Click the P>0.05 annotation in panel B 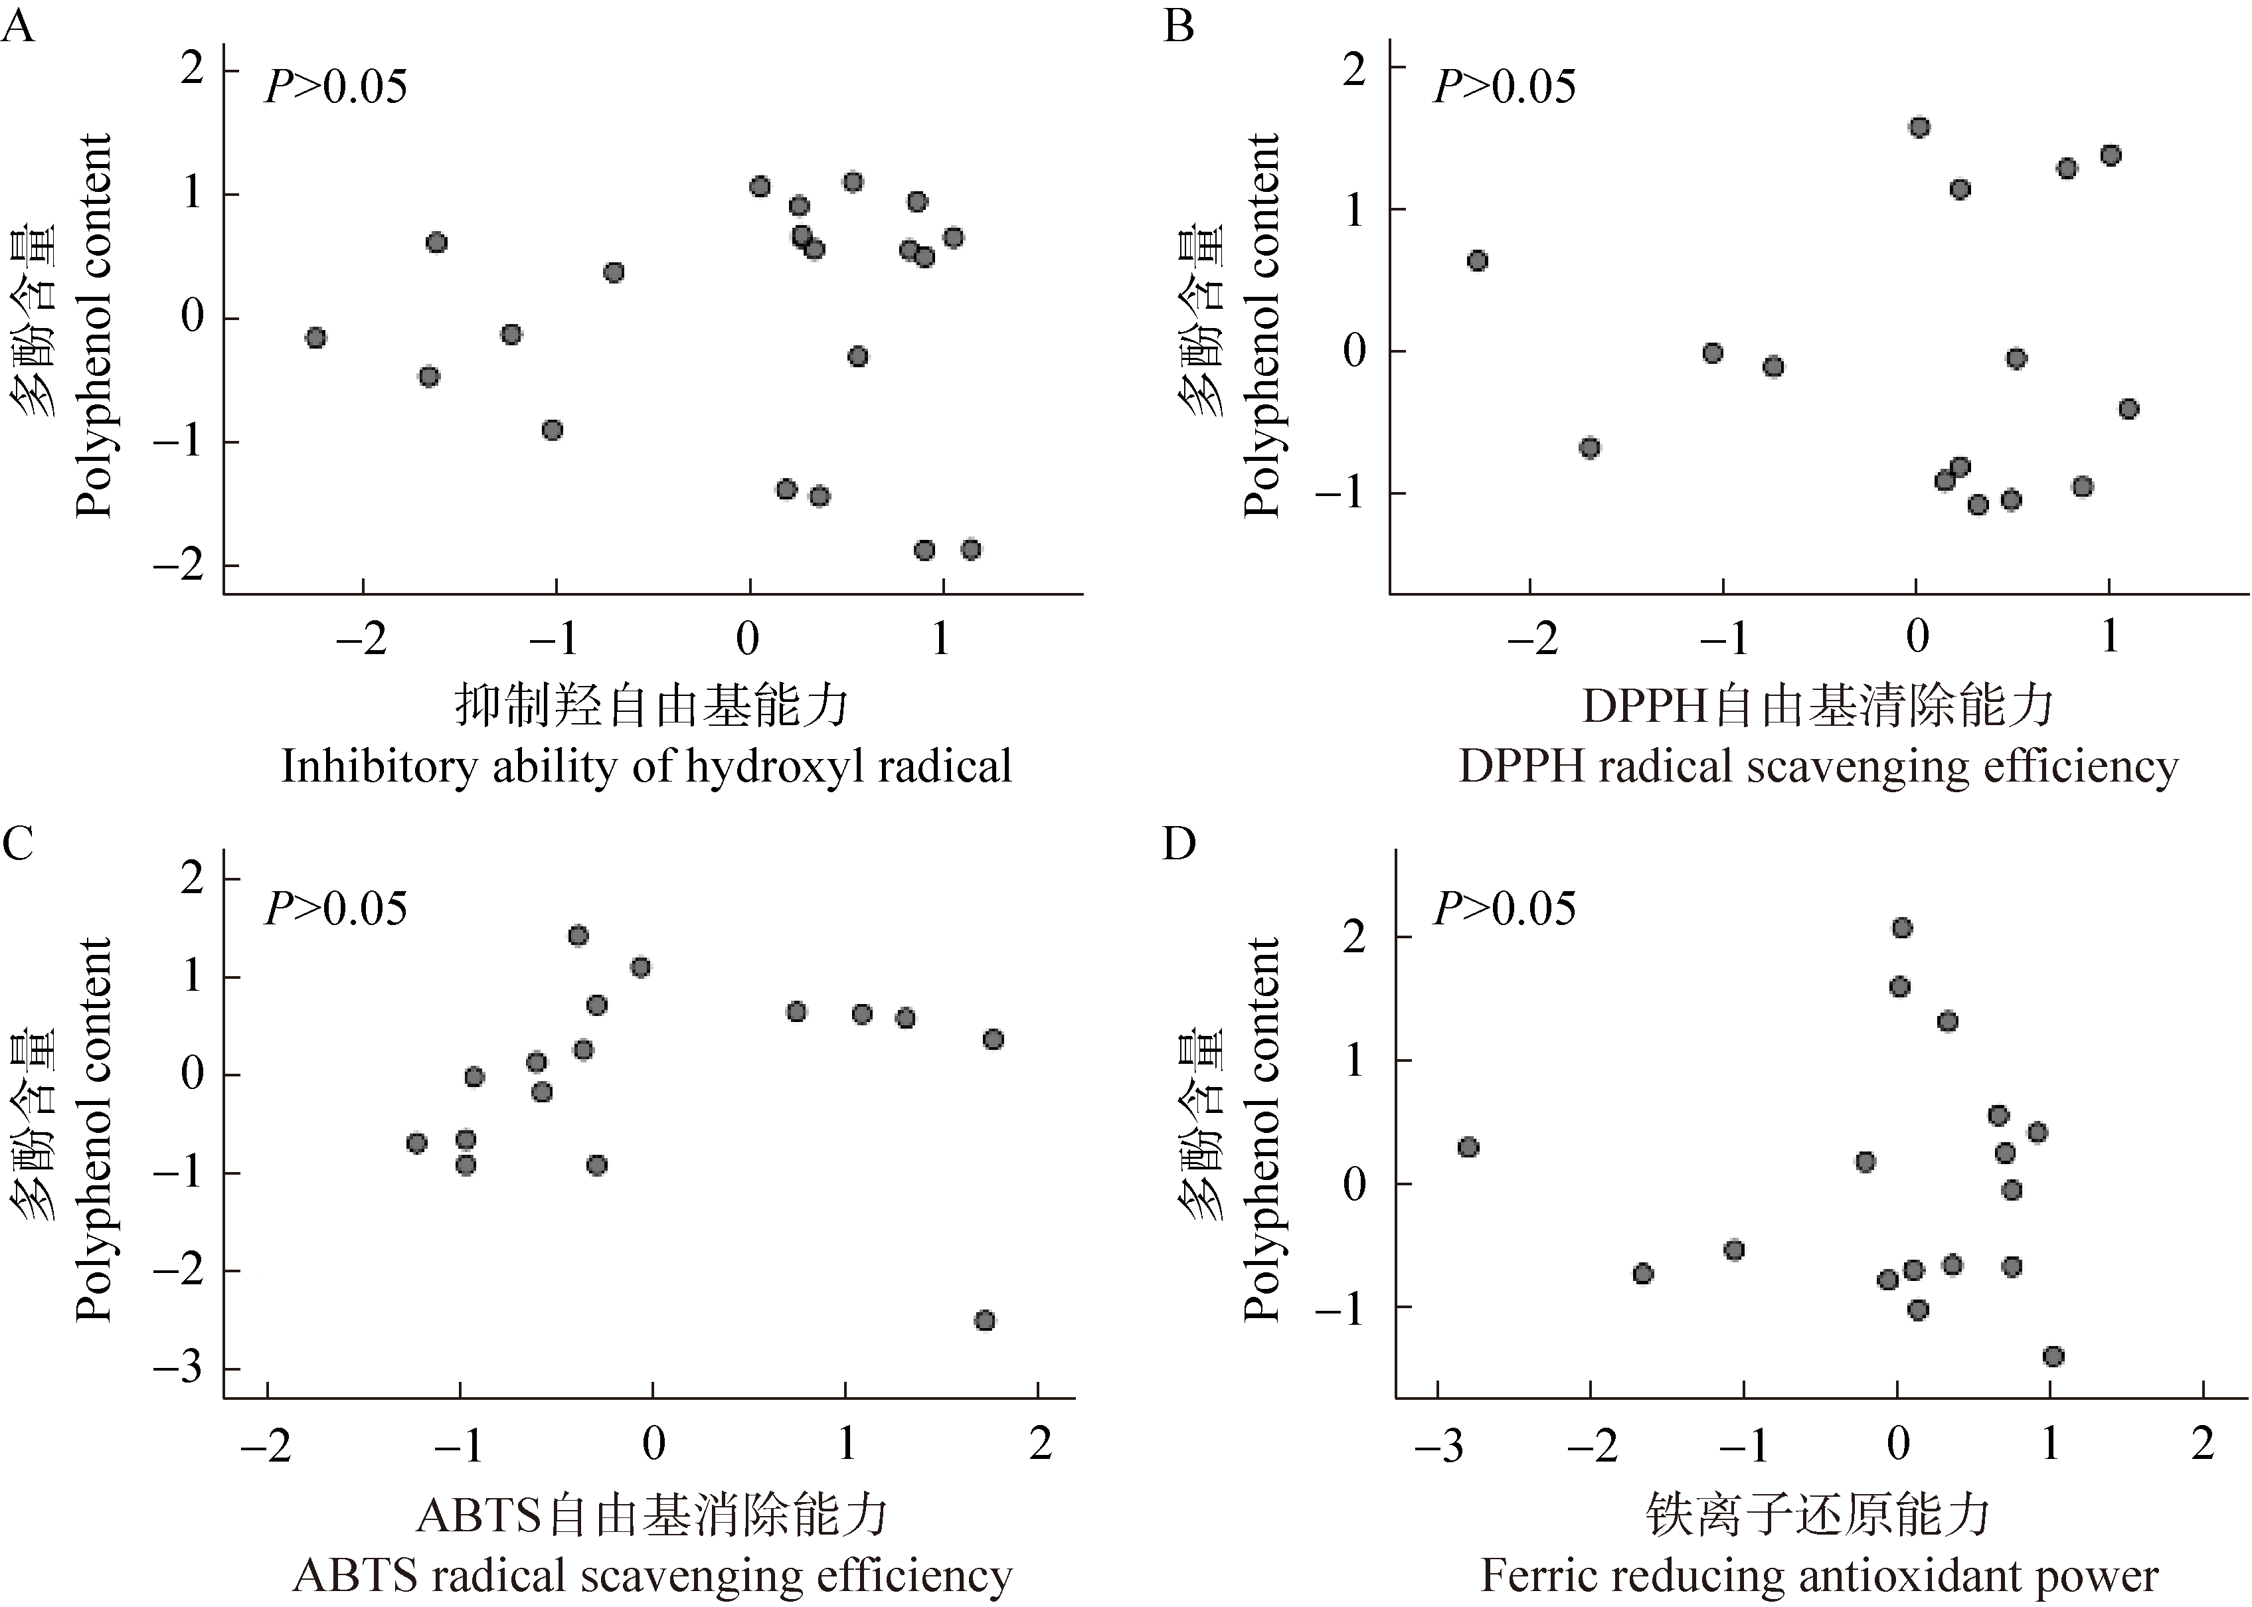tap(1504, 87)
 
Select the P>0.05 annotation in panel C tap(335, 908)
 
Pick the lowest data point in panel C tap(984, 1320)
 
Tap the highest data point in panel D tap(1902, 927)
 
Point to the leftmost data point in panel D tap(1468, 1147)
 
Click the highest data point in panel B tap(1919, 127)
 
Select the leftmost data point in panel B tap(1477, 261)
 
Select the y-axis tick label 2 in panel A tap(192, 71)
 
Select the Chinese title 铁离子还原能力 tap(1818, 1515)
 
